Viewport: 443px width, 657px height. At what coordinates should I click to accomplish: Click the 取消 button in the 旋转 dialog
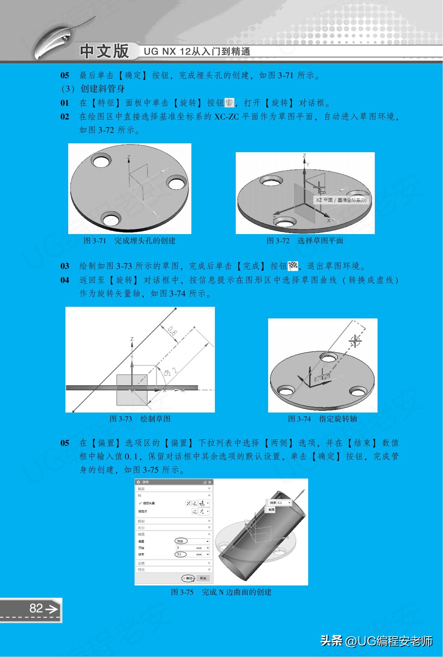(x=203, y=578)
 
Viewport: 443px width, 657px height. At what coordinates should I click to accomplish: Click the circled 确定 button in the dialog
(x=188, y=578)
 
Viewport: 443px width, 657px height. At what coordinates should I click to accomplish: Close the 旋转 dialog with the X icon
(x=210, y=482)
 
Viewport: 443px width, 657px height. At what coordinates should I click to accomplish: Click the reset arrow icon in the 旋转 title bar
(x=205, y=482)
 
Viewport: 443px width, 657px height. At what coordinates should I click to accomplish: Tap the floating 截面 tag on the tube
(x=271, y=510)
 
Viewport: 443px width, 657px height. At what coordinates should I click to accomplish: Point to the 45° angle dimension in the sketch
(x=167, y=373)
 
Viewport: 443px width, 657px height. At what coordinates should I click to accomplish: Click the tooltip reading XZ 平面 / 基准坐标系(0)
(x=341, y=200)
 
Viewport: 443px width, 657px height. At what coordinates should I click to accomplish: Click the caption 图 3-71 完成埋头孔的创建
(x=130, y=241)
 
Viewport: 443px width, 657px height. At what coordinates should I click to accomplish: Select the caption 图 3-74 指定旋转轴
(x=322, y=419)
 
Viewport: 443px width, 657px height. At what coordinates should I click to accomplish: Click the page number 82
(x=36, y=608)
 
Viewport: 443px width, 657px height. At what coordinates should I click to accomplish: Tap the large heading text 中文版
(x=104, y=51)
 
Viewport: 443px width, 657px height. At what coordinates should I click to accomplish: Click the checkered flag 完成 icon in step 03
(x=293, y=266)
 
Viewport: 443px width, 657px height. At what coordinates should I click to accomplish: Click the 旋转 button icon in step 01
(x=229, y=103)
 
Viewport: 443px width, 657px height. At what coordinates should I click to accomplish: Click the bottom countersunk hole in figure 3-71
(x=111, y=219)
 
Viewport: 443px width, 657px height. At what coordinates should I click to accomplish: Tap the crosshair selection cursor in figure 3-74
(x=355, y=341)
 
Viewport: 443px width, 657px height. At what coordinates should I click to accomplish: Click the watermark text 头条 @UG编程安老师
(x=376, y=641)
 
